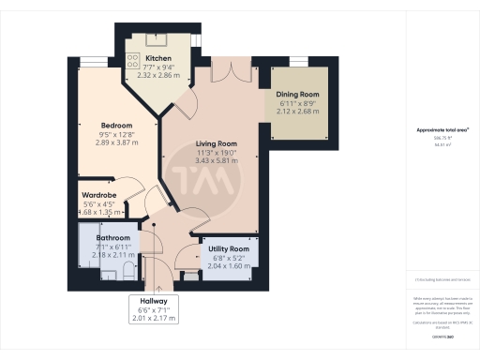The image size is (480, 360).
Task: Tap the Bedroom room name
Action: tap(116, 126)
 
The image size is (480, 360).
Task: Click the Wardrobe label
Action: tap(99, 194)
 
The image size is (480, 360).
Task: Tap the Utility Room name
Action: tap(228, 248)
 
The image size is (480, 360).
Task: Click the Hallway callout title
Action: tap(155, 301)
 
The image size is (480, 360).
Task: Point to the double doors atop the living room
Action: tap(229, 72)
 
